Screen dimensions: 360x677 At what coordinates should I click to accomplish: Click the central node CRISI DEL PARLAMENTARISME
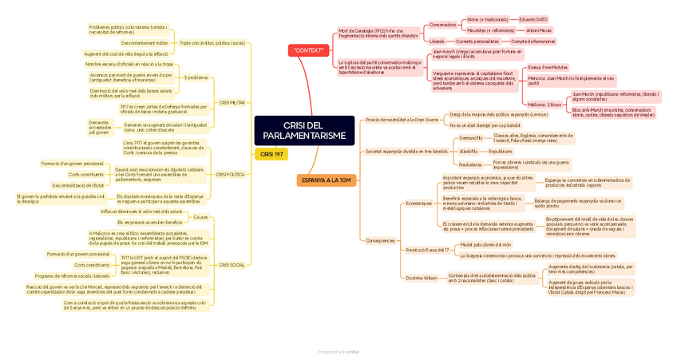pos(304,131)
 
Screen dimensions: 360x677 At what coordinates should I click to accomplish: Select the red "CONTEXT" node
pos(308,50)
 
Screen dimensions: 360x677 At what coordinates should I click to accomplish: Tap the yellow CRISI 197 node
pos(271,154)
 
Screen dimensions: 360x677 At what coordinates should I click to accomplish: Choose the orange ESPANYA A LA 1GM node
pos(327,180)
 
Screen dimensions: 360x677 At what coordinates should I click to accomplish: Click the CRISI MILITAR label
pos(232,103)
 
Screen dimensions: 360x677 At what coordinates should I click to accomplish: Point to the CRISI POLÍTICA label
pos(230,174)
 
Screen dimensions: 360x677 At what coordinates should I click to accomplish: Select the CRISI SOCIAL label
pos(232,264)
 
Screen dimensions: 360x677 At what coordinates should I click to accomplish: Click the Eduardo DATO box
pos(532,19)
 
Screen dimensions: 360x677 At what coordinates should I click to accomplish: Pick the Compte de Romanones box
pos(532,41)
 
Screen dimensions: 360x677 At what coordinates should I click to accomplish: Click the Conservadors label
pos(443,25)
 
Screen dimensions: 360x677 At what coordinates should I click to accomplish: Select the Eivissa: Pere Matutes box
pos(548,67)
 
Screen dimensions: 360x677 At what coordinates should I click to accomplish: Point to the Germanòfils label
pos(471,138)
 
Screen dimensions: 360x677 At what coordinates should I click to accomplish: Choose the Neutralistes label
pos(471,164)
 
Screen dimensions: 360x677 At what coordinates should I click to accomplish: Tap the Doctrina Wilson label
pos(422,278)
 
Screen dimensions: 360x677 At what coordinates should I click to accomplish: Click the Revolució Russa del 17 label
pos(427,250)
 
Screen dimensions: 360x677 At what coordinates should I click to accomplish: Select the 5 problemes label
pos(196,77)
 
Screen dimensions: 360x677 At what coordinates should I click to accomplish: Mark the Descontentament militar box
pos(145,42)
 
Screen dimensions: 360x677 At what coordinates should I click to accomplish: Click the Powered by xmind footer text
pos(338,351)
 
